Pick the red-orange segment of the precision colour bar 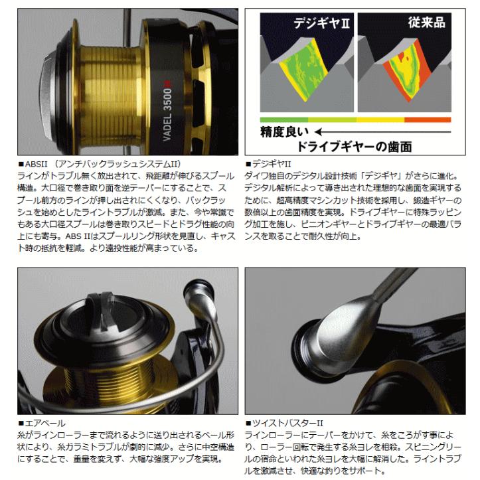(x=427, y=120)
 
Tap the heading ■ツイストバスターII (x=281, y=422)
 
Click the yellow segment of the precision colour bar (x=379, y=120)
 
